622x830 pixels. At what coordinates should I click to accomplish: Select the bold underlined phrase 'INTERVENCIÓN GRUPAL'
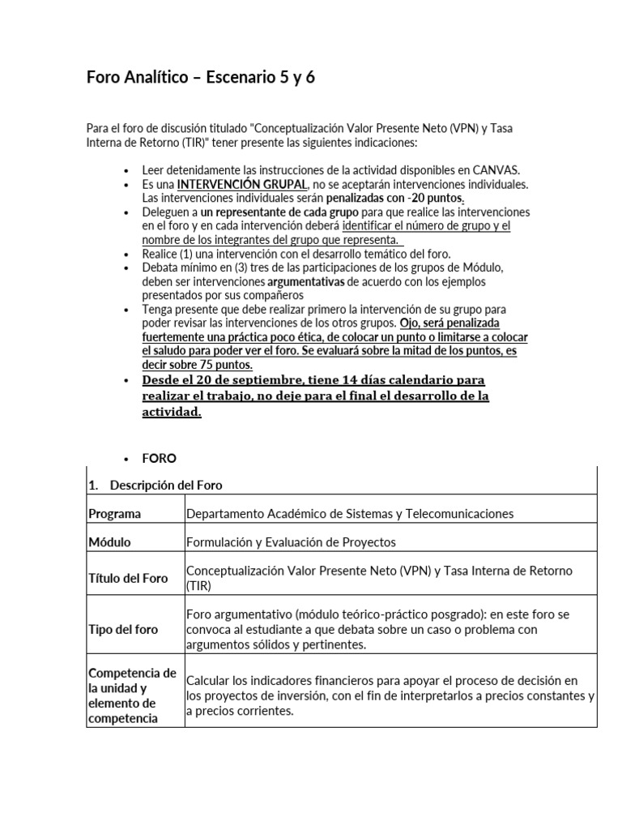(241, 184)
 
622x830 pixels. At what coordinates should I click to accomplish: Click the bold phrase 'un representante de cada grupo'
(276, 212)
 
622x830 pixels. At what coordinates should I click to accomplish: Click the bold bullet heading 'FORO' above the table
(159, 458)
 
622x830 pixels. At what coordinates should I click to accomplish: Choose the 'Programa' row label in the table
(114, 514)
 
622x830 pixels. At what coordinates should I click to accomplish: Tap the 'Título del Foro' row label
(128, 578)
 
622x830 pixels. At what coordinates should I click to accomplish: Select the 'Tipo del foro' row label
(123, 629)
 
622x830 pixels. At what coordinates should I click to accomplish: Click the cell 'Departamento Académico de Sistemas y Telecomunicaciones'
(349, 514)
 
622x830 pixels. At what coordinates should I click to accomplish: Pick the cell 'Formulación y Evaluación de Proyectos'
(291, 542)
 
